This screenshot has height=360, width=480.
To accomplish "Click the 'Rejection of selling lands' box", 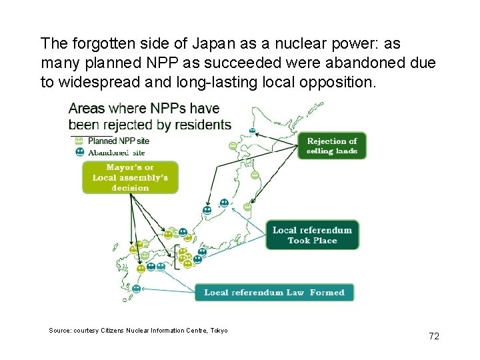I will tap(331, 145).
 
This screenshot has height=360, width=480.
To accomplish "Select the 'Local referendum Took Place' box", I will tap(312, 235).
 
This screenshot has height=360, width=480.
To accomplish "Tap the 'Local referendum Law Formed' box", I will tap(274, 293).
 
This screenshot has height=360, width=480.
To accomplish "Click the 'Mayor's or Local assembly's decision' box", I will tap(130, 177).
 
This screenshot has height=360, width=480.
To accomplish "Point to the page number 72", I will tap(434, 337).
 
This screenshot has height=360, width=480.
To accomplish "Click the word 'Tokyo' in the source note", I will tap(219, 331).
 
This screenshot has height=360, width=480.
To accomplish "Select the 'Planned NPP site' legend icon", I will tap(79, 141).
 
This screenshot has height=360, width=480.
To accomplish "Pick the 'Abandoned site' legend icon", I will tap(79, 151).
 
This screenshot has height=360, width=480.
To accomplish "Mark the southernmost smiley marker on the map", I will tap(137, 289).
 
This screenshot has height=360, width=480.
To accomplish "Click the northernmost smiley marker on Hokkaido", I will tap(252, 130).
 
